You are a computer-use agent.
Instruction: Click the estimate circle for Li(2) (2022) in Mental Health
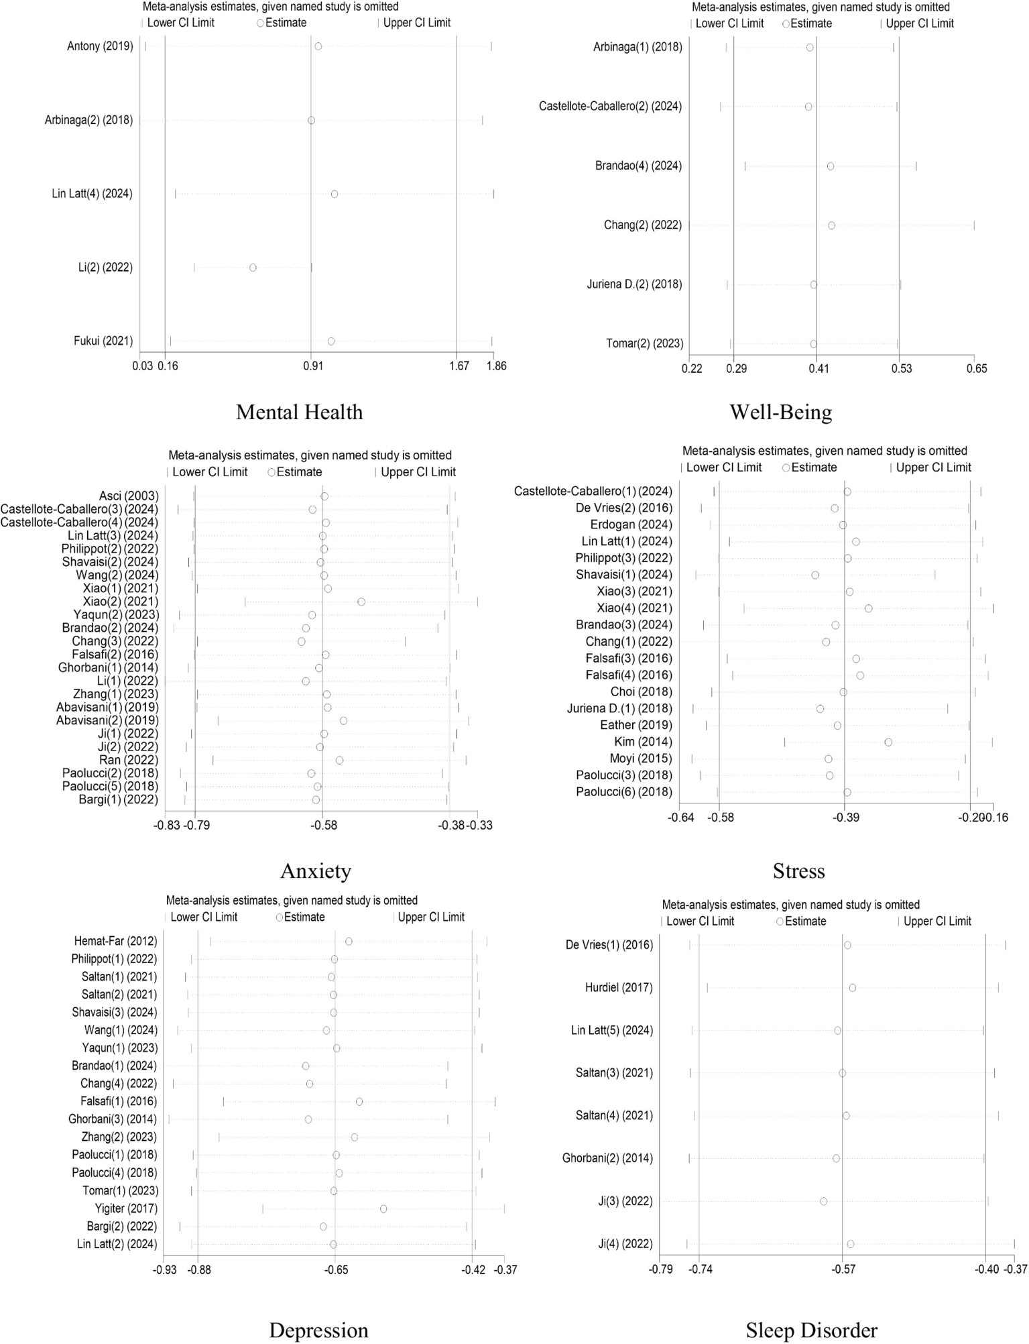coord(253,268)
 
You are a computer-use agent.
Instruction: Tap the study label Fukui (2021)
coord(103,341)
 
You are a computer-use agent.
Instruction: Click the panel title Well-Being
coord(780,412)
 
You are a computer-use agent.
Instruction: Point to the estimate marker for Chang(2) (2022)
coord(831,225)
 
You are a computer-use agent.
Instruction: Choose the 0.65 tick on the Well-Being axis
coord(977,368)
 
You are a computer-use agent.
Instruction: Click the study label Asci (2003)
coord(129,496)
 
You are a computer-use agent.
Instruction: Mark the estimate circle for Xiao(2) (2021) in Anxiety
coord(361,602)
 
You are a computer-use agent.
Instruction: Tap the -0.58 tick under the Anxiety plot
coord(323,825)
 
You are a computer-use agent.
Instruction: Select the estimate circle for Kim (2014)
coord(888,742)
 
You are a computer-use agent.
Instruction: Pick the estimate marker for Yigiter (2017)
coord(383,1209)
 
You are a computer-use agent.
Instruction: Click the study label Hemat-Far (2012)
coord(114,941)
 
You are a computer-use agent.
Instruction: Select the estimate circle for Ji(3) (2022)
coord(823,1201)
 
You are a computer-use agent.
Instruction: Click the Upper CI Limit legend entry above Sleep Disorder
coord(936,921)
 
